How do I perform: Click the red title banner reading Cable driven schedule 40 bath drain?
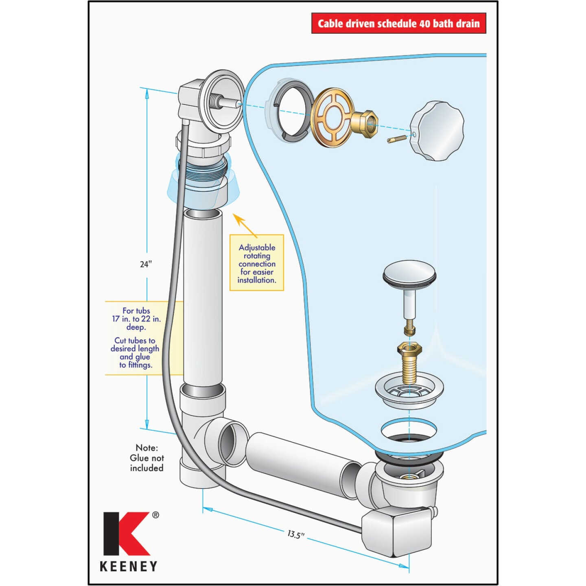(x=398, y=23)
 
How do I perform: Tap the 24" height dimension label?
(x=146, y=264)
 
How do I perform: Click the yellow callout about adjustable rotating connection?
(x=257, y=263)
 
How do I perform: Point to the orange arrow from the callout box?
(x=246, y=225)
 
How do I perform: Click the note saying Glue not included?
(x=146, y=458)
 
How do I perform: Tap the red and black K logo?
(x=127, y=534)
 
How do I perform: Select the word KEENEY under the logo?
(x=129, y=566)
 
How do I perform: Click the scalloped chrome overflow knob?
(x=437, y=130)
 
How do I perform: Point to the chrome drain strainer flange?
(x=409, y=390)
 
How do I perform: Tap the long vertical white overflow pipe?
(x=203, y=297)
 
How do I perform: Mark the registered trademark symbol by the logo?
(x=155, y=515)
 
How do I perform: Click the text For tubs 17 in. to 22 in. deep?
(x=136, y=319)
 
